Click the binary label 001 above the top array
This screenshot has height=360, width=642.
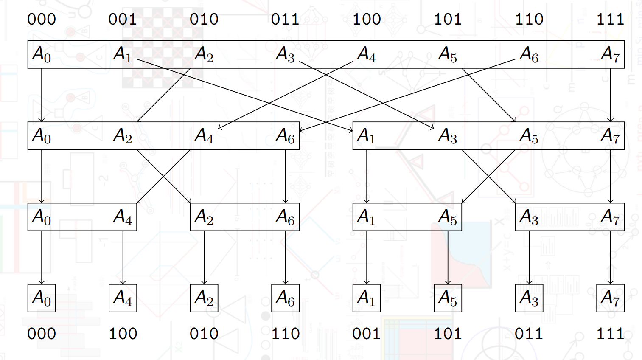tap(123, 19)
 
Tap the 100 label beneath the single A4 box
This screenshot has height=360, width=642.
tap(123, 334)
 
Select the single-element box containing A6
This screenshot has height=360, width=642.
tap(285, 298)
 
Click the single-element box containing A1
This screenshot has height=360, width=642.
tap(366, 298)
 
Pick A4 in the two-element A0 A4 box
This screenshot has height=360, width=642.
tap(123, 217)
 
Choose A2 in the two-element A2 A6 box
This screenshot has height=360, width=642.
tap(204, 217)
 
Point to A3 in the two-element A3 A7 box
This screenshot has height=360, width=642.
tap(529, 217)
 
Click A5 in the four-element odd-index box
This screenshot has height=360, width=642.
tap(529, 136)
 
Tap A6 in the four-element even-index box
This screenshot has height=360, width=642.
tap(285, 136)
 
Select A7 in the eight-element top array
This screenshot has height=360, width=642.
tap(610, 54)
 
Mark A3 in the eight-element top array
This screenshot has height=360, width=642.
tap(285, 54)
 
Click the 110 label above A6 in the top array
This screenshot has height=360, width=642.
tap(529, 19)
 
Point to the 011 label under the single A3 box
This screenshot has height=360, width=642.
tap(529, 334)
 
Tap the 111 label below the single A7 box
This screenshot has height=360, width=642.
tap(610, 334)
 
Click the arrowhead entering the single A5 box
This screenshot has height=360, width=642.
tap(448, 282)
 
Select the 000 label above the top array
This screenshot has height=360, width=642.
tap(42, 19)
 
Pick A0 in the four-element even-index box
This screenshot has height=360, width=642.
tap(42, 136)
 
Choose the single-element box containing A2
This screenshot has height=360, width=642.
tap(204, 298)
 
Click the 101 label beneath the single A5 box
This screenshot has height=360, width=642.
tap(448, 334)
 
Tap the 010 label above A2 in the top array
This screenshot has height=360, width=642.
tap(204, 19)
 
